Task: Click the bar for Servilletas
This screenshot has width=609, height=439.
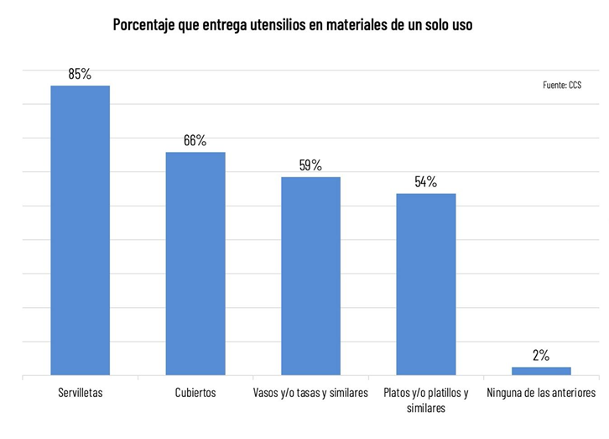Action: pyautogui.click(x=80, y=230)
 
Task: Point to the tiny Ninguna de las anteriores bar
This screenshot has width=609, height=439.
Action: pyautogui.click(x=541, y=370)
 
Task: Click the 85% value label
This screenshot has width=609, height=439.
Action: pyautogui.click(x=80, y=74)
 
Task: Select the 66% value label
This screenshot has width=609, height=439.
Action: pyautogui.click(x=195, y=140)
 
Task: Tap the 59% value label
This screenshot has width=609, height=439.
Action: pyautogui.click(x=310, y=165)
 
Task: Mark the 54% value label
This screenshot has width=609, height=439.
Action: pyautogui.click(x=425, y=181)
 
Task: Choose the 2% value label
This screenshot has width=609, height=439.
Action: pyautogui.click(x=541, y=355)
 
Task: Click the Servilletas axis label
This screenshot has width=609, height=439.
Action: pyautogui.click(x=81, y=393)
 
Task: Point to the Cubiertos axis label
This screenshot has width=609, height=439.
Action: pyautogui.click(x=195, y=393)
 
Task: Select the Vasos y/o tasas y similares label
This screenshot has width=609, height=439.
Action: pyautogui.click(x=310, y=393)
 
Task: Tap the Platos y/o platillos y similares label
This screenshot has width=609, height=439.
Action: pyautogui.click(x=426, y=400)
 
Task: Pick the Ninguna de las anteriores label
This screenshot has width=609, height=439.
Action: pyautogui.click(x=541, y=393)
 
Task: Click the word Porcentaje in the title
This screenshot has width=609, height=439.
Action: pyautogui.click(x=144, y=25)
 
